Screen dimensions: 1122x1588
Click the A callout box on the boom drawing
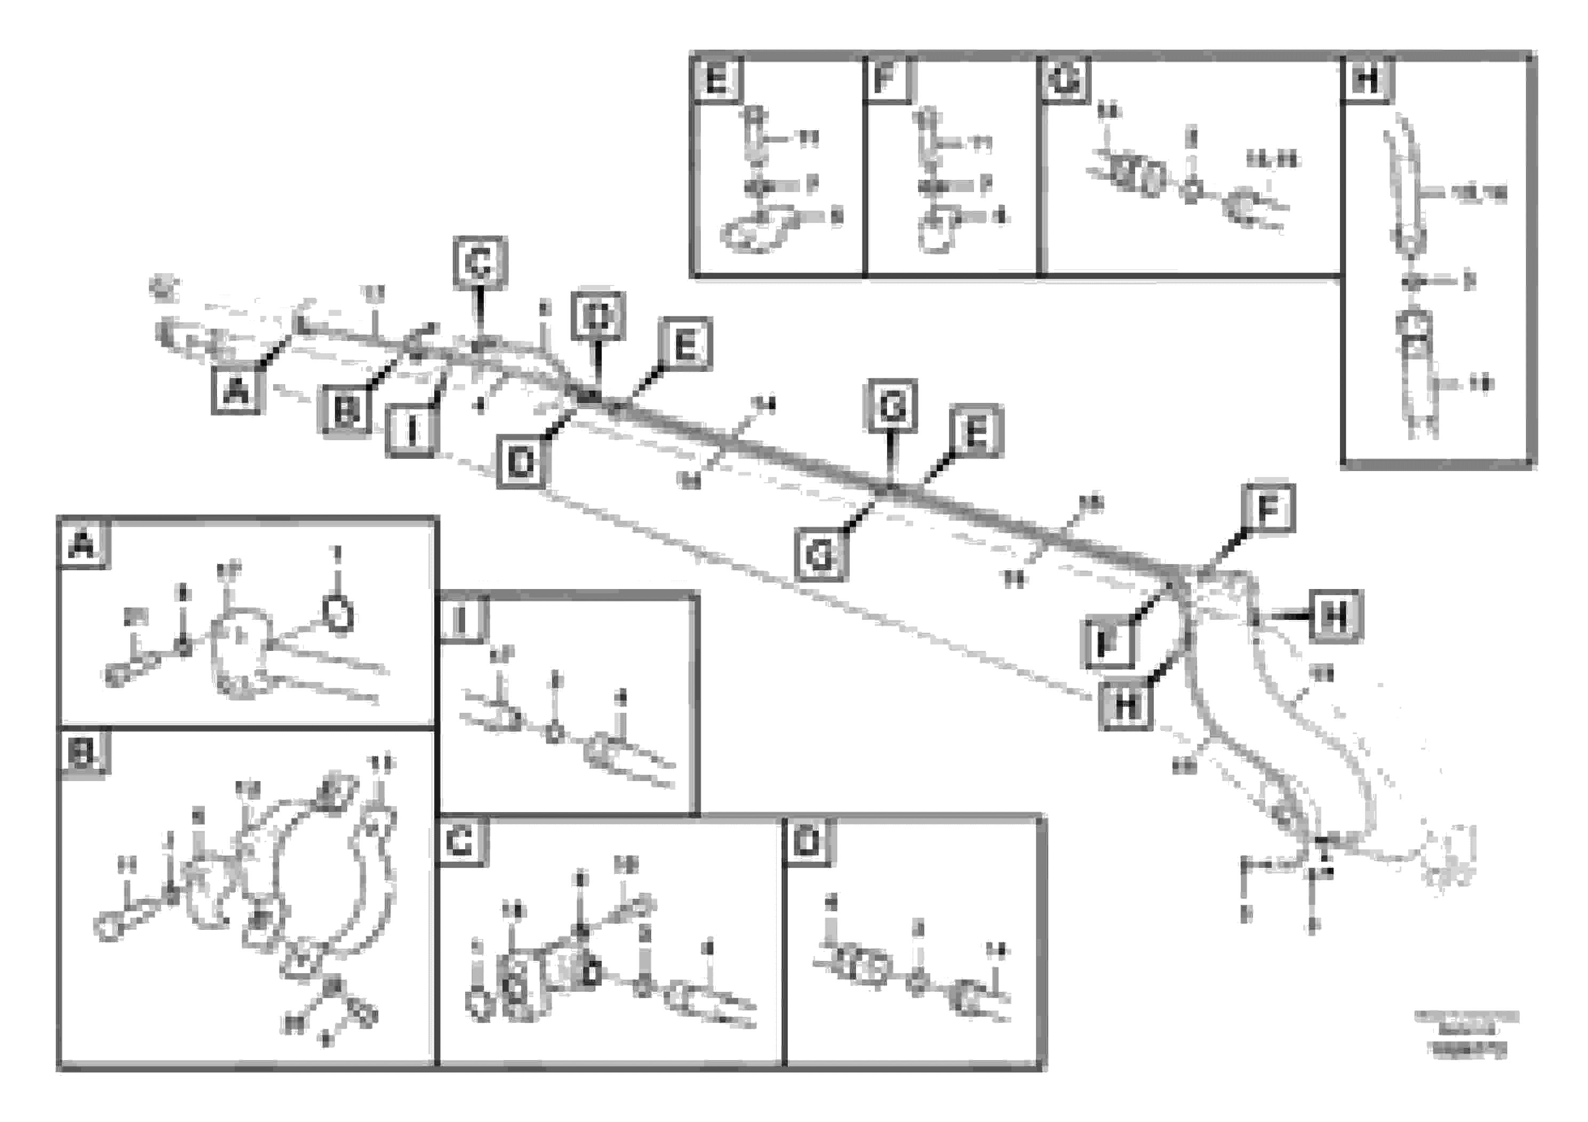pyautogui.click(x=236, y=392)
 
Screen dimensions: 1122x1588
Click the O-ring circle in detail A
pyautogui.click(x=338, y=613)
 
